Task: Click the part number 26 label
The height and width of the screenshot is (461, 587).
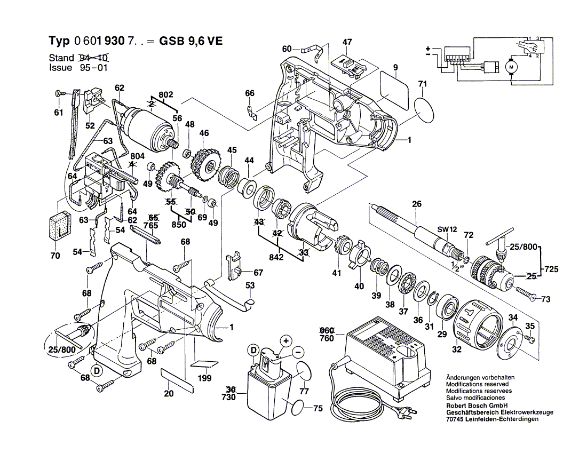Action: (x=416, y=203)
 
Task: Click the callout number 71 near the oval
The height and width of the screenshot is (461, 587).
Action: (x=423, y=84)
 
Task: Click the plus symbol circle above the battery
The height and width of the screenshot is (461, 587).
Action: (x=285, y=340)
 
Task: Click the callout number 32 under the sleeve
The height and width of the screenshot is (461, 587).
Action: (x=456, y=350)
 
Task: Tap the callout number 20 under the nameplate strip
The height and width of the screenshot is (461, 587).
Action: (x=169, y=394)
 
